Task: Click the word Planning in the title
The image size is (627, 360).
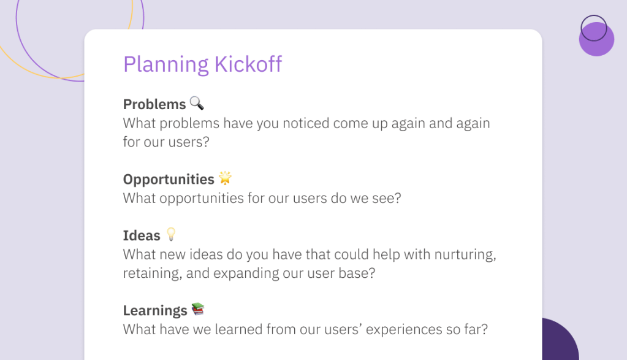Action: click(166, 65)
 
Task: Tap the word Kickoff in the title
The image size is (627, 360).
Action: click(248, 64)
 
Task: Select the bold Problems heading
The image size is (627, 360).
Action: click(154, 104)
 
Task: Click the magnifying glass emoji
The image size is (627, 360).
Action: click(197, 103)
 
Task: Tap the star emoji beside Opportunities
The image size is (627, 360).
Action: click(225, 178)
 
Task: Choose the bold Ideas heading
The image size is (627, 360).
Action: click(142, 236)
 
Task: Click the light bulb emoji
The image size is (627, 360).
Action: click(171, 234)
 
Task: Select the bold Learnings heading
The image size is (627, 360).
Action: click(155, 311)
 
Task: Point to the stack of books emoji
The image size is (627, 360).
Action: click(198, 309)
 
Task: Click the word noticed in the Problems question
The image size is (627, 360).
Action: click(306, 123)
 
